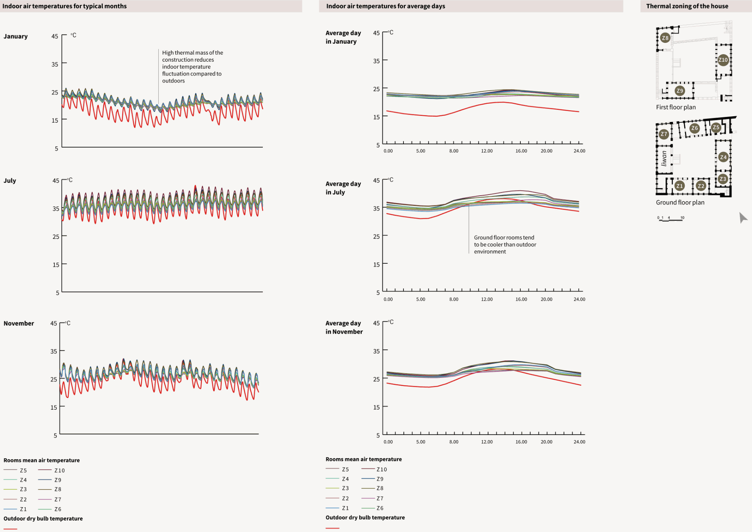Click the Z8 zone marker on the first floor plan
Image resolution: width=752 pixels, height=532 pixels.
pyautogui.click(x=665, y=38)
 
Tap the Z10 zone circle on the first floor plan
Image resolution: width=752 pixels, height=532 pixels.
pyautogui.click(x=723, y=60)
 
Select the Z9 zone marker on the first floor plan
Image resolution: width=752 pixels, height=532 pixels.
pyautogui.click(x=679, y=91)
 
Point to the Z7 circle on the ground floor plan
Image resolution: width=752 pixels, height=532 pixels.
pyautogui.click(x=664, y=134)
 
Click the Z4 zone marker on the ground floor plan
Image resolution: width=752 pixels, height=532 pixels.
pyautogui.click(x=723, y=157)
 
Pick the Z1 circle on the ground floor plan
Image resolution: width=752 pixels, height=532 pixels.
pyautogui.click(x=679, y=186)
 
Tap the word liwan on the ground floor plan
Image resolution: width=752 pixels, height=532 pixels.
pyautogui.click(x=664, y=158)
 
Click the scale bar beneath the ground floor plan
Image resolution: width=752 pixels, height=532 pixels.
pyautogui.click(x=671, y=219)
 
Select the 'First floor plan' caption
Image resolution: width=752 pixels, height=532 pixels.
pyautogui.click(x=676, y=107)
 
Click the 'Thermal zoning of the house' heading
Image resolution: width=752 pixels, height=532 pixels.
pyautogui.click(x=687, y=6)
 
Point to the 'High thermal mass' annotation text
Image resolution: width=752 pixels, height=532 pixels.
pyautogui.click(x=192, y=67)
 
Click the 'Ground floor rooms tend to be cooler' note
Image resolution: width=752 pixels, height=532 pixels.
pyautogui.click(x=505, y=245)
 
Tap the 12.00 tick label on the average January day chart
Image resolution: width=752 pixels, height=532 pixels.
pyautogui.click(x=487, y=151)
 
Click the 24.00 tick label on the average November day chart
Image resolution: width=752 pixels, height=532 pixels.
pyautogui.click(x=579, y=442)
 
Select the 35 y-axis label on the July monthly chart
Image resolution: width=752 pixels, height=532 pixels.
pyautogui.click(x=56, y=208)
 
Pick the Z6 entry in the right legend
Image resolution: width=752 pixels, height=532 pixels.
pyautogui.click(x=380, y=508)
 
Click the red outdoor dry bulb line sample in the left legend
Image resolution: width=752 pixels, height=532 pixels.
pyautogui.click(x=11, y=529)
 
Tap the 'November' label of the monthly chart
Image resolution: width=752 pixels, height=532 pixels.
pyautogui.click(x=19, y=324)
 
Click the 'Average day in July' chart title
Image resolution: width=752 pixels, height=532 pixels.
pyautogui.click(x=343, y=188)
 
